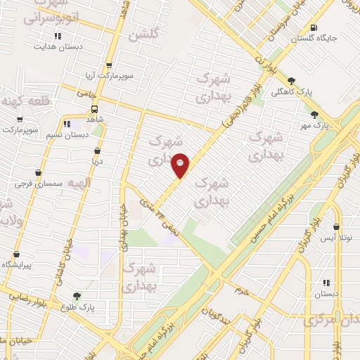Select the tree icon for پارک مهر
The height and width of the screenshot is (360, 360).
click(x=314, y=115)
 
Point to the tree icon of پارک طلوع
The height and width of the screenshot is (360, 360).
click(x=77, y=297)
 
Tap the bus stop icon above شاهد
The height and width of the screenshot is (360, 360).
click(x=94, y=109)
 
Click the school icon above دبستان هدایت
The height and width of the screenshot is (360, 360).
click(x=58, y=36)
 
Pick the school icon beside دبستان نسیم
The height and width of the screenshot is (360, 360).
click(x=67, y=124)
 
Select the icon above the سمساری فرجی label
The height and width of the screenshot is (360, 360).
click(x=37, y=173)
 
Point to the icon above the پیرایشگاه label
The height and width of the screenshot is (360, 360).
click(x=16, y=254)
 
